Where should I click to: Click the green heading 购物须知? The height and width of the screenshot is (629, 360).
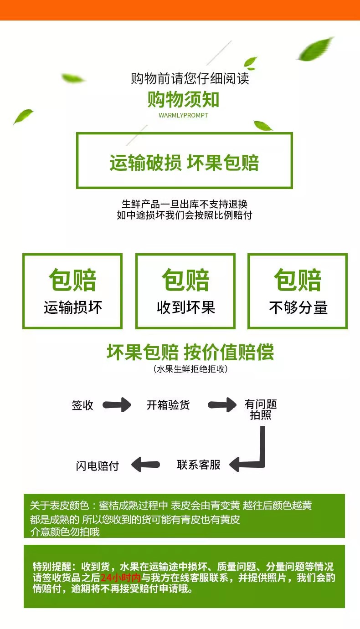coord(183,99)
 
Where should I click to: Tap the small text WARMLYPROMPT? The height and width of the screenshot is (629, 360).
coord(183,115)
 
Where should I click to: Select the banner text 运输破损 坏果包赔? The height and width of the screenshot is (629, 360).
coord(184,163)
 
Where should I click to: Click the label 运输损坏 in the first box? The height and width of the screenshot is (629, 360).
coord(73,308)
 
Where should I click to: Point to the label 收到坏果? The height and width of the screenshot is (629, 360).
coord(185,308)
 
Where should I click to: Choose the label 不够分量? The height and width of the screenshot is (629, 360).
coord(298,308)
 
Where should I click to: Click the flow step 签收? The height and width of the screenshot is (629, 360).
coord(82,405)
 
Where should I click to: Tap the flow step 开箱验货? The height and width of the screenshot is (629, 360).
coord(168,405)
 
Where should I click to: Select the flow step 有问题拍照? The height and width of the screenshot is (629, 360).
coord(261,409)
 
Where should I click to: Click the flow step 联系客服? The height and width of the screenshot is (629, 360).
coord(199,465)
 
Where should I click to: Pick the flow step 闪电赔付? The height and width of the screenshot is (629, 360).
coord(97,465)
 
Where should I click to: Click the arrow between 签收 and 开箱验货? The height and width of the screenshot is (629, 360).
coord(117,404)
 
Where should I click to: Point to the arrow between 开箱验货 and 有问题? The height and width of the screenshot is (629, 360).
coord(222,404)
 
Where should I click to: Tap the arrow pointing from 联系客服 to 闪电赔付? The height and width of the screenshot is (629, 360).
coord(145,465)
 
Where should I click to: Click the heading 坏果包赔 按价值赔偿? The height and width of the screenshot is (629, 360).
coord(190,353)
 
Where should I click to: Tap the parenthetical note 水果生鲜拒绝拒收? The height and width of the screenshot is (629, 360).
coord(190,369)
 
